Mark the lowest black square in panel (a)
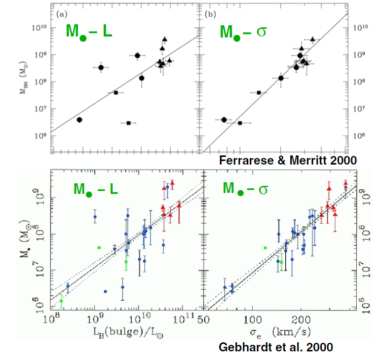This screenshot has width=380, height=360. click(129, 123)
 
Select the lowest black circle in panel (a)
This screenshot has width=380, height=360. click(80, 119)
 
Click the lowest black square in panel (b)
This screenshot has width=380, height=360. click(240, 123)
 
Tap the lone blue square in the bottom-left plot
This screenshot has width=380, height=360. click(105, 292)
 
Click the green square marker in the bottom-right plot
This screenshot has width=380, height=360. click(265, 248)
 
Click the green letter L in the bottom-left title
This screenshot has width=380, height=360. click(113, 190)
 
